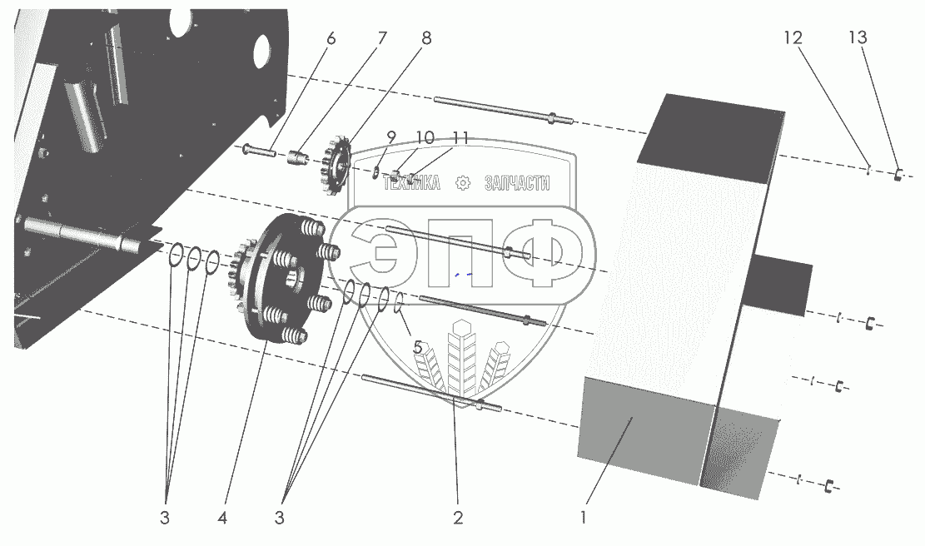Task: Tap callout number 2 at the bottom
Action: pyautogui.click(x=457, y=517)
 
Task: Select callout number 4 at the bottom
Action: pyautogui.click(x=221, y=517)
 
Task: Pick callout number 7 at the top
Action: pyautogui.click(x=381, y=37)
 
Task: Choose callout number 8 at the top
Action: pyautogui.click(x=426, y=37)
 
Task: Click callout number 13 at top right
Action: pyautogui.click(x=858, y=37)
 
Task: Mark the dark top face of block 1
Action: pyautogui.click(x=716, y=136)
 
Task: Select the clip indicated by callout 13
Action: pyautogui.click(x=899, y=174)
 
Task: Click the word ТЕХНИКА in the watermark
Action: pyautogui.click(x=411, y=185)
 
